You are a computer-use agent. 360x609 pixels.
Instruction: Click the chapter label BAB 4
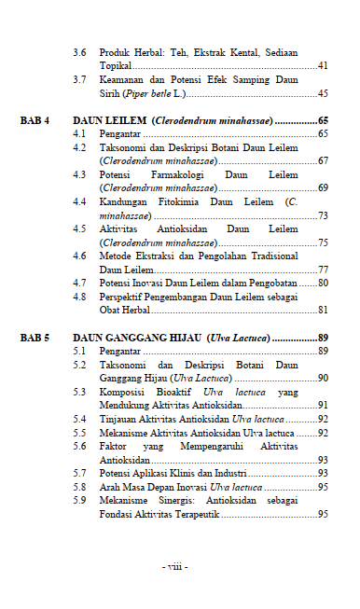tap(35, 121)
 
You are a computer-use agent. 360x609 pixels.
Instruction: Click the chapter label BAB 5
tap(35, 337)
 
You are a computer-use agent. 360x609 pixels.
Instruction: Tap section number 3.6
tap(80, 52)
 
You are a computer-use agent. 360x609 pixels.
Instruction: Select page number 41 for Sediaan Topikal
tap(323, 66)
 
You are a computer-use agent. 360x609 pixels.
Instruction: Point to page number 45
tap(323, 94)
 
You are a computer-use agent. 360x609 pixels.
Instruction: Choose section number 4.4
tap(80, 201)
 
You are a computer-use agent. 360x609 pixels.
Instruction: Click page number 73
tap(323, 215)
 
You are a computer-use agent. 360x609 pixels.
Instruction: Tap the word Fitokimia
tap(178, 201)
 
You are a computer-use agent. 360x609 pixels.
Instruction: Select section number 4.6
tap(80, 256)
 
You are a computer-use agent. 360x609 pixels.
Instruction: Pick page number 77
tap(323, 270)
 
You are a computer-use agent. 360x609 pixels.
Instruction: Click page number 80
tap(323, 283)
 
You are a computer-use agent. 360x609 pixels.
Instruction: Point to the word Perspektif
tap(124, 297)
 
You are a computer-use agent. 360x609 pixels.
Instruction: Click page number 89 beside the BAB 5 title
tap(323, 337)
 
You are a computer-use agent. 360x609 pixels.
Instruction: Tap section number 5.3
tap(80, 392)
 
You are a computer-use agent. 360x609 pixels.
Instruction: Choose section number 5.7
tap(80, 473)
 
